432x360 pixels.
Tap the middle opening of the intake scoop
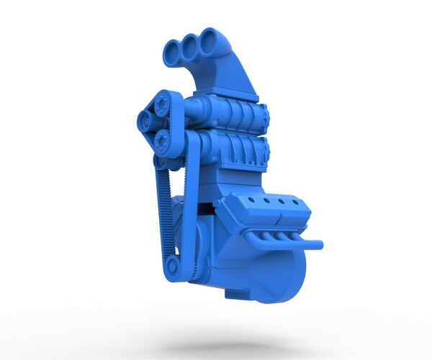tap(191, 46)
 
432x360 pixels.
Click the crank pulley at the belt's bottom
tap(172, 268)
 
